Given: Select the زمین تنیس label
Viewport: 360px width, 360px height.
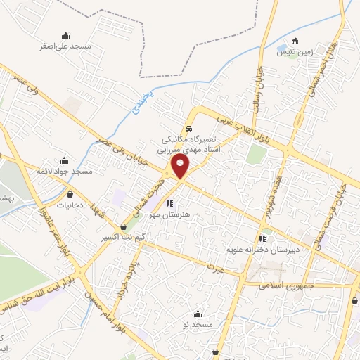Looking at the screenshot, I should click(294, 52).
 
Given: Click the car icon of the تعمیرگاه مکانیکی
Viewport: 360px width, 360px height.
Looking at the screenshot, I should click(188, 129).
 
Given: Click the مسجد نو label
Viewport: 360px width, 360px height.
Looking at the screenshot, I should click(198, 326).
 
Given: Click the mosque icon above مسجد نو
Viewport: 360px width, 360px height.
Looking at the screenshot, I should click(198, 314).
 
